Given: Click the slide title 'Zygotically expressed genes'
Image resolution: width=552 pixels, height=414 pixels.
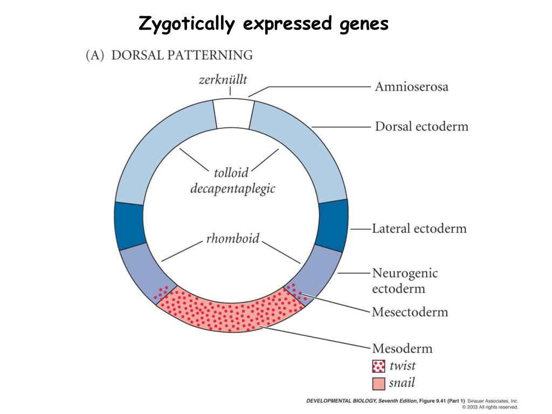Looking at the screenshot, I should tap(264, 23).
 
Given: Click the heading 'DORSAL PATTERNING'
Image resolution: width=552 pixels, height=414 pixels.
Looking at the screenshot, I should tap(182, 55).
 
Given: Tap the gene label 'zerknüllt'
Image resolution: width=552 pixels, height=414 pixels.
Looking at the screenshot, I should tap(223, 80).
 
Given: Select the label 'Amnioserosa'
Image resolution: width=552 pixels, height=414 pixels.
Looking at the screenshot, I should tap(411, 86).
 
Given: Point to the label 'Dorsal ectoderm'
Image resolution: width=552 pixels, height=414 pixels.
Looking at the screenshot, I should tap(422, 127).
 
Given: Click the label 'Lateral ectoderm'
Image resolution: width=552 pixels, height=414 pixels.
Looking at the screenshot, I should tap(419, 228).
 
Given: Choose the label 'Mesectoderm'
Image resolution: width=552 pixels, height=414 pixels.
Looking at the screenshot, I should tap(410, 312).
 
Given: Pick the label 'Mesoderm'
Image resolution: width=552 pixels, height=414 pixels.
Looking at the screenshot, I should tap(402, 348).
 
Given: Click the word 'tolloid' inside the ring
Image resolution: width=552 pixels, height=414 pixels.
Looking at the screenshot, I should tap(231, 173).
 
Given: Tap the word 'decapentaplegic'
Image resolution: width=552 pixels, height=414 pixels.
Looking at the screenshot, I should tap(233, 189).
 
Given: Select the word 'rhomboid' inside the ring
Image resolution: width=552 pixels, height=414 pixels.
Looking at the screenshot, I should tap(233, 238).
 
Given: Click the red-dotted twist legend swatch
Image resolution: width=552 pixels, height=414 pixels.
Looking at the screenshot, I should tap(379, 367).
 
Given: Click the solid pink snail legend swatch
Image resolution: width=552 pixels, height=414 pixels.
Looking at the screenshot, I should tap(379, 384).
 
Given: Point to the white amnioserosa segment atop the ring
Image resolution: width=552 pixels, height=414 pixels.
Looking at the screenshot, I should tap(232, 113).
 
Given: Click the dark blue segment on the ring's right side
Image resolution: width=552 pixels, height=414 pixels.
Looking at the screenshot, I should tap(331, 225).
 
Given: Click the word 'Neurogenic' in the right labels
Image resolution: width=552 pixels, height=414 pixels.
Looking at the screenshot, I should tap(405, 273).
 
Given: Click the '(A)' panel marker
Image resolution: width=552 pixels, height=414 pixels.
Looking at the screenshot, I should tap(95, 55).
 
